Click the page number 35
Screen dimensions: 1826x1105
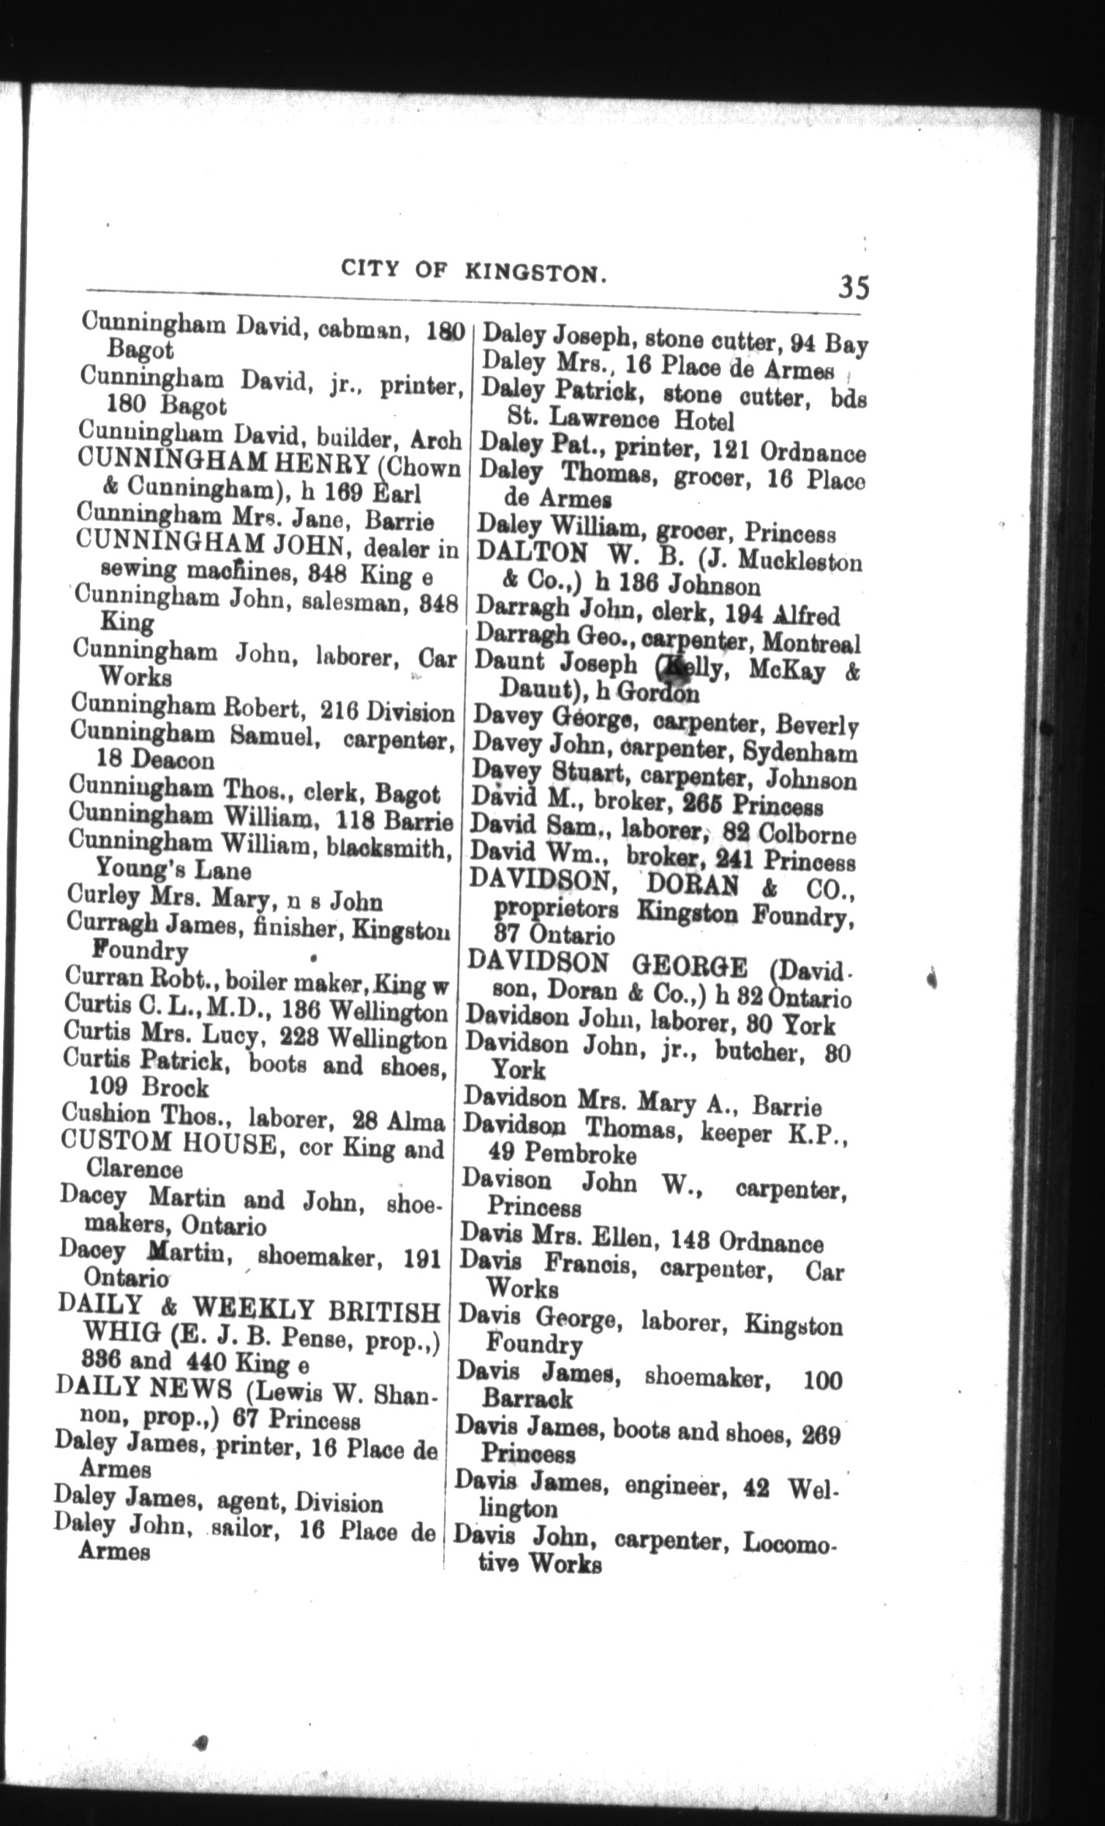tap(853, 286)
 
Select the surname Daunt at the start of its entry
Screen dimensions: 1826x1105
tap(507, 663)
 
